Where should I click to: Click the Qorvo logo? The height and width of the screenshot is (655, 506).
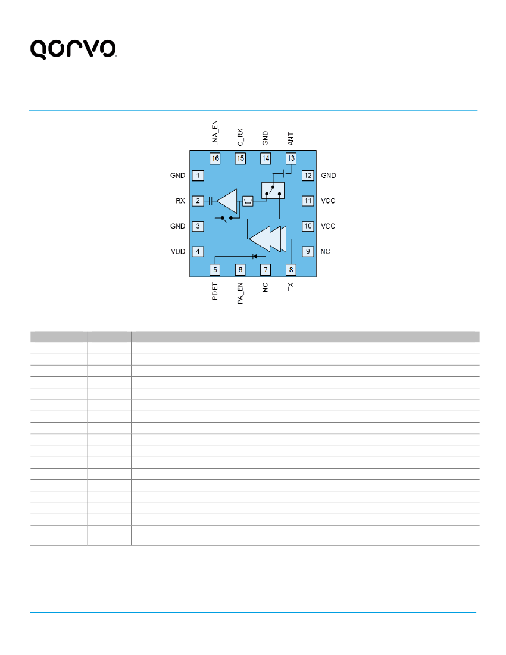[73, 49]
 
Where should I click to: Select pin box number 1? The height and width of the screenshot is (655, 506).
[198, 176]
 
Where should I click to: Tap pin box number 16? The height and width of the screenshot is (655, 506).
[215, 158]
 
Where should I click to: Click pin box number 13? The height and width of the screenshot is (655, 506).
[291, 158]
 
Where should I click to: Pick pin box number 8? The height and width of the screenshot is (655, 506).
[291, 269]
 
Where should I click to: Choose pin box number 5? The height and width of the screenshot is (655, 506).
[215, 269]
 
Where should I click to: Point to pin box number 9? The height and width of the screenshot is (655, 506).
[308, 251]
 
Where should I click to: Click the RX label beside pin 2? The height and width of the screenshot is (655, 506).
[180, 201]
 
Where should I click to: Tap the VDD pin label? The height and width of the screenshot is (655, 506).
[178, 251]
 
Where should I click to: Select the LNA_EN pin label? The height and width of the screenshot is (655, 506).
[215, 133]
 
